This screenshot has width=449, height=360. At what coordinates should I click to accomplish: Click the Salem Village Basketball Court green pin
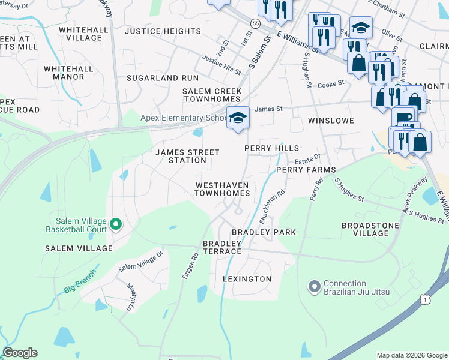click(x=116, y=225)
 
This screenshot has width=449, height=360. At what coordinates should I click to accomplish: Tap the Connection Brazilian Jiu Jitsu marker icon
click(x=313, y=287)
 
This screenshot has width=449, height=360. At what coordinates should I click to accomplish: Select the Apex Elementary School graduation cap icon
click(x=238, y=118)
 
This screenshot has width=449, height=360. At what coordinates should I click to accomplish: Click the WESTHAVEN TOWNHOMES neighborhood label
click(x=221, y=189)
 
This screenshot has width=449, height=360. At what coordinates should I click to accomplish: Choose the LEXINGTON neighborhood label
click(x=247, y=279)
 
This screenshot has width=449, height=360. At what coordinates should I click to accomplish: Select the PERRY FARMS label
click(x=306, y=170)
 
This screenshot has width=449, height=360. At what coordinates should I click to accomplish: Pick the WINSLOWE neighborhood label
click(x=331, y=121)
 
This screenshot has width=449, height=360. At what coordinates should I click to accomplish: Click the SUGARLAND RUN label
click(x=162, y=78)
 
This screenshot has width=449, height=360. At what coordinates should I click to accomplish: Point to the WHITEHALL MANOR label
click(x=68, y=73)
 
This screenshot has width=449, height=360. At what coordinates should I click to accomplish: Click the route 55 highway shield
click(x=256, y=23)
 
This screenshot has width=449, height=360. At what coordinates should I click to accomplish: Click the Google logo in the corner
click(x=20, y=353)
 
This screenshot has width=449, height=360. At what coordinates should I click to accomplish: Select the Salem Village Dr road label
click(x=140, y=261)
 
